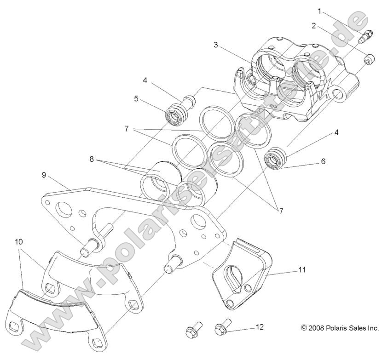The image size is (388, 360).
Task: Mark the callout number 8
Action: [92, 160]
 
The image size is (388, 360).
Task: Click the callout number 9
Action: [44, 175]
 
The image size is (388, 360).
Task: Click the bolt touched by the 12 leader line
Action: [221, 328]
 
